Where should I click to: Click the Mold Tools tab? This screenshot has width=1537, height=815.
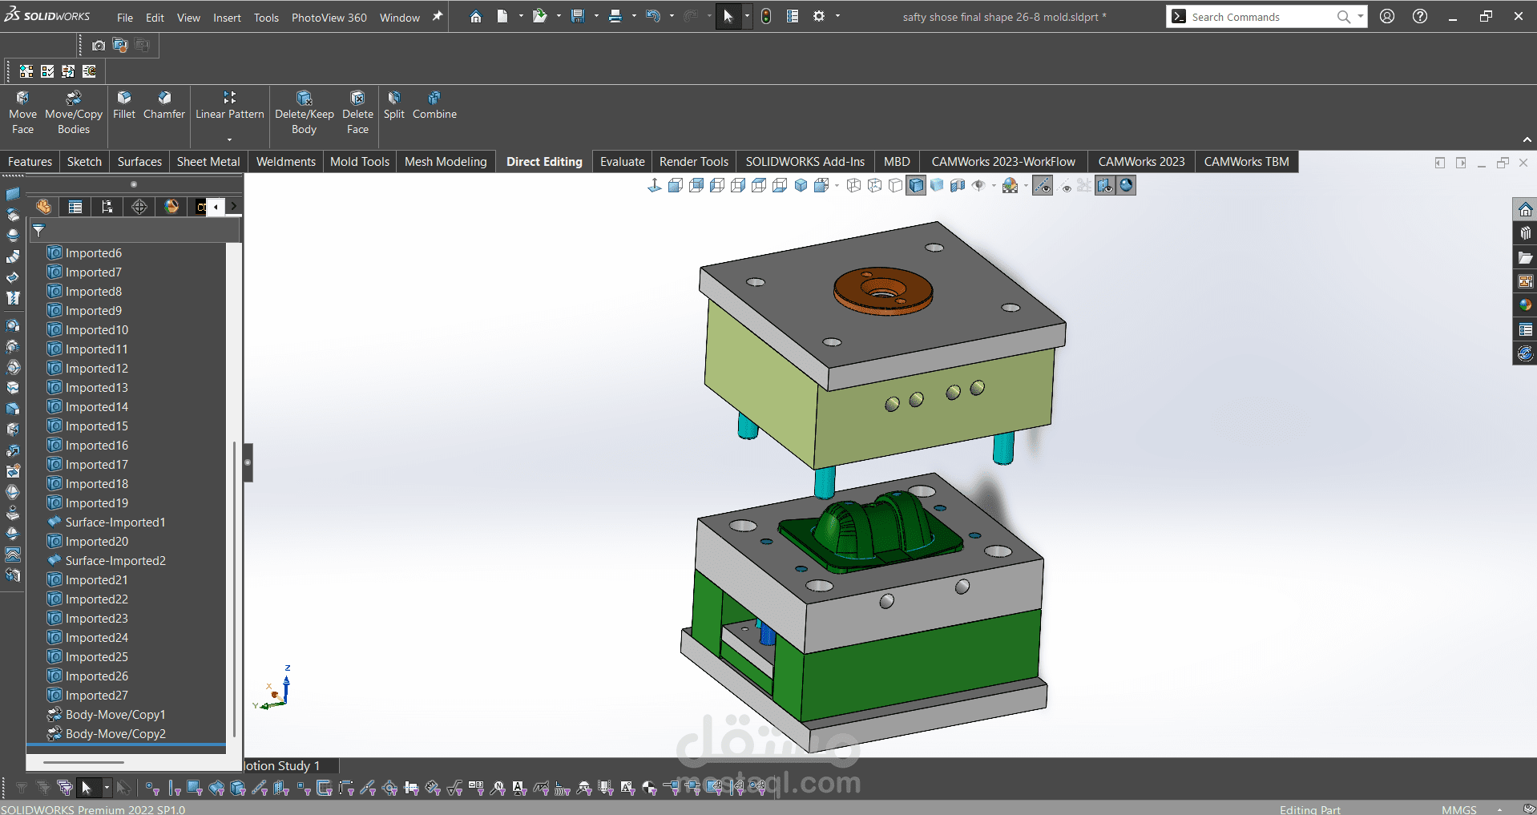pyautogui.click(x=360, y=161)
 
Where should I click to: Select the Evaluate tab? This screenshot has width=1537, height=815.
pyautogui.click(x=622, y=161)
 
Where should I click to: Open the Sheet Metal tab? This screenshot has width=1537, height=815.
pyautogui.click(x=208, y=161)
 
